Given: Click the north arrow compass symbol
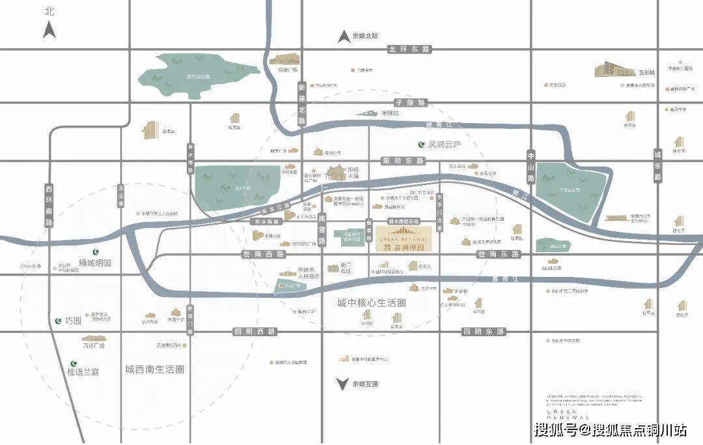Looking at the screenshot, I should coord(49,29).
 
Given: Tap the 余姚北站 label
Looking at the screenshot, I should coord(365,36).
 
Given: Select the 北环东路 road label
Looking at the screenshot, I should coord(409,50).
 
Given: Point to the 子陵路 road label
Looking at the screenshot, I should coord(409,103).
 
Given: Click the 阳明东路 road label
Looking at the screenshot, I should coord(400,160).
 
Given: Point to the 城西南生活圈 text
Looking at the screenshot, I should coord(155,369).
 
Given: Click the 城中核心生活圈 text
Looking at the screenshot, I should coord(372,303).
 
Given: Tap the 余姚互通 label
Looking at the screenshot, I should coord(365,384).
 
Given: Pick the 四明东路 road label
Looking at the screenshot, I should coord(483,332).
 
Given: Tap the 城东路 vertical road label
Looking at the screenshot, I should coord(657,165).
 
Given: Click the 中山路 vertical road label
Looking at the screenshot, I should coord(531,165).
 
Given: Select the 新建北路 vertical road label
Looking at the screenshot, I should coord(301,104).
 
